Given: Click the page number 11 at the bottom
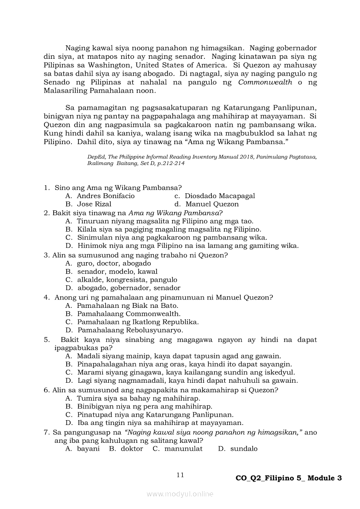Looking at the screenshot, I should (x=180, y=475).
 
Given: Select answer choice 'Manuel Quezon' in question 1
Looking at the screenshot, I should (x=212, y=204).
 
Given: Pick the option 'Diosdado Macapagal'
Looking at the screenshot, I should (x=220, y=196).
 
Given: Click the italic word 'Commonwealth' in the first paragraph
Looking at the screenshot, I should (x=265, y=83).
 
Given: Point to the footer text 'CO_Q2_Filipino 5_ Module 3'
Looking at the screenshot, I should (x=288, y=478).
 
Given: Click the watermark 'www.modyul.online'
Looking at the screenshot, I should (x=180, y=494).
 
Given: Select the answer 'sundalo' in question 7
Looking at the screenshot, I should (x=244, y=449).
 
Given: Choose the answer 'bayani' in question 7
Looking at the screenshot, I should (x=88, y=449).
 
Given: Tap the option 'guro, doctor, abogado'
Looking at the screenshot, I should (x=114, y=263).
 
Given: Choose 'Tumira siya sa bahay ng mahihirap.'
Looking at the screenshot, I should (x=139, y=398).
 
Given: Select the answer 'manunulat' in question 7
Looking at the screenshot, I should (x=183, y=449).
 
